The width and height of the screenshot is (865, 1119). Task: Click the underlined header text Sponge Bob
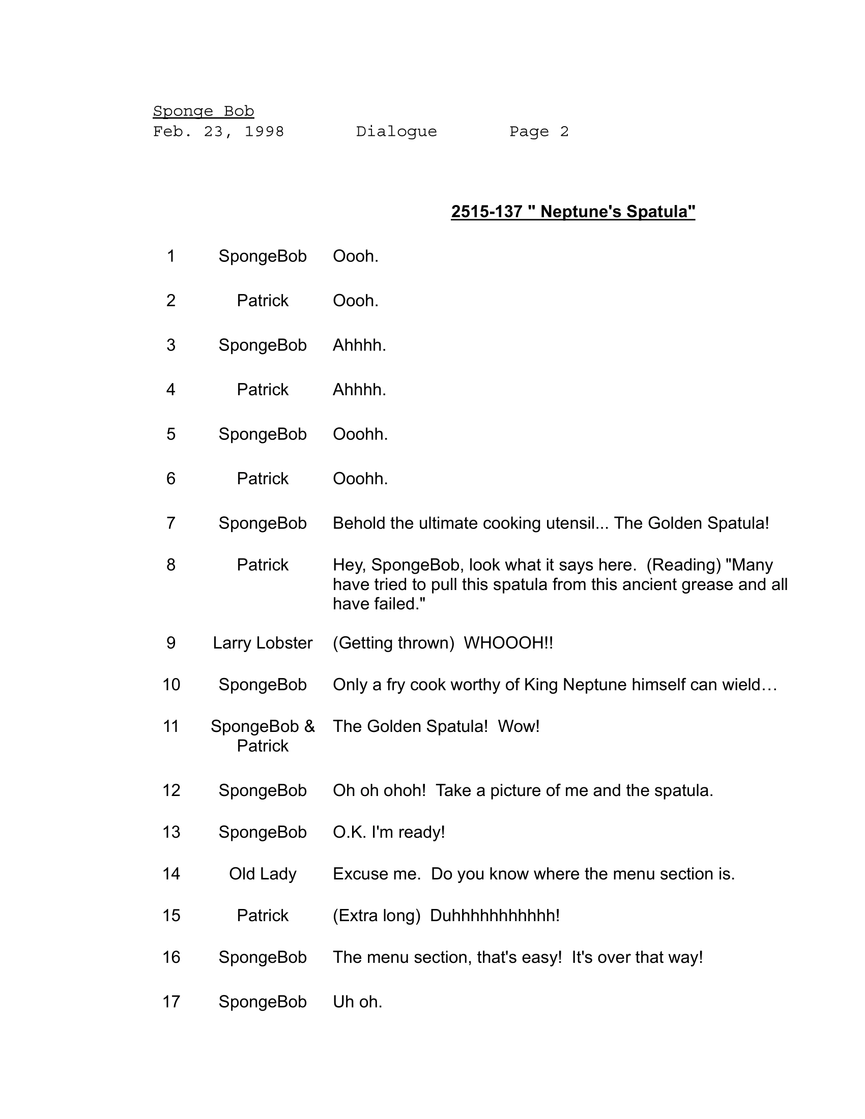coord(204,111)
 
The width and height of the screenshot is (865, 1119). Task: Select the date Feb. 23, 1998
coord(218,132)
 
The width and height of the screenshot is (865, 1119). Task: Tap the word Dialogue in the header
coord(396,132)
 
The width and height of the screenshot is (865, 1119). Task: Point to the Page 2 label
coord(538,132)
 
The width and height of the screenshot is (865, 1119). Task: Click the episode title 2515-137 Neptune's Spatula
coord(573,212)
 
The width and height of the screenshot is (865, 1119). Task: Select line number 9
coord(170,643)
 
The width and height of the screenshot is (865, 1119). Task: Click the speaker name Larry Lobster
coord(263,643)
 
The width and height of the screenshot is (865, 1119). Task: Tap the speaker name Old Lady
coord(263,873)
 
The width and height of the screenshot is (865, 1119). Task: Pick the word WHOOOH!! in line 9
coord(508,643)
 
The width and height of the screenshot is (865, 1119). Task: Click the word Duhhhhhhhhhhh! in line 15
coord(495,916)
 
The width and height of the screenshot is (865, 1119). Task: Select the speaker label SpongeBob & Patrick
coord(263,737)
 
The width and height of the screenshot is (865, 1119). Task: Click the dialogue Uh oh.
coord(357,1002)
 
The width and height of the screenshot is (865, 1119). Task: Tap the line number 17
coord(171,1002)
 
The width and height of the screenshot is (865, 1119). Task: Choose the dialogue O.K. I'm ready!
coord(388,832)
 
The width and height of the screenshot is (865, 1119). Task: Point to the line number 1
coord(170,256)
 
